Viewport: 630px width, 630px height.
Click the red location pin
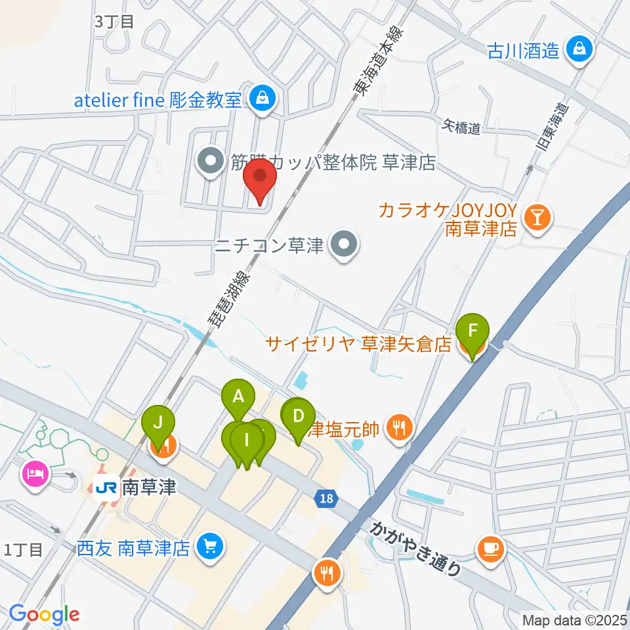point(260,181)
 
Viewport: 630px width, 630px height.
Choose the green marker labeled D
point(298,417)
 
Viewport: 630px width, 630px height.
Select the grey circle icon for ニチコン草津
point(343,246)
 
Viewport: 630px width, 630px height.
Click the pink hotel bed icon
point(35,474)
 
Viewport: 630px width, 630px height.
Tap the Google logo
point(44,615)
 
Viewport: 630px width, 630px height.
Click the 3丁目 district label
point(114,22)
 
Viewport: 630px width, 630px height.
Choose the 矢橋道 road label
point(462,126)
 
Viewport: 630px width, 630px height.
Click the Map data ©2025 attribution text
point(574,619)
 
